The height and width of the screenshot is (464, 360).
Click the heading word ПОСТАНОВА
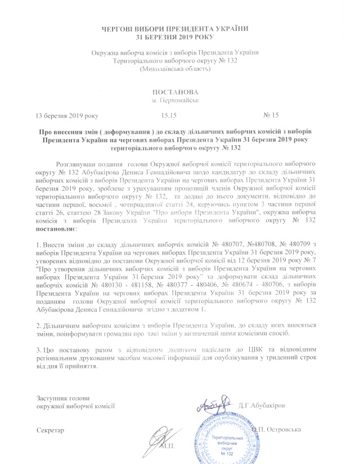point(179,92)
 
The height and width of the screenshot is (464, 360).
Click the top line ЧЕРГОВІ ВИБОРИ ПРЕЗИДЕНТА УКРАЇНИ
point(179,28)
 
